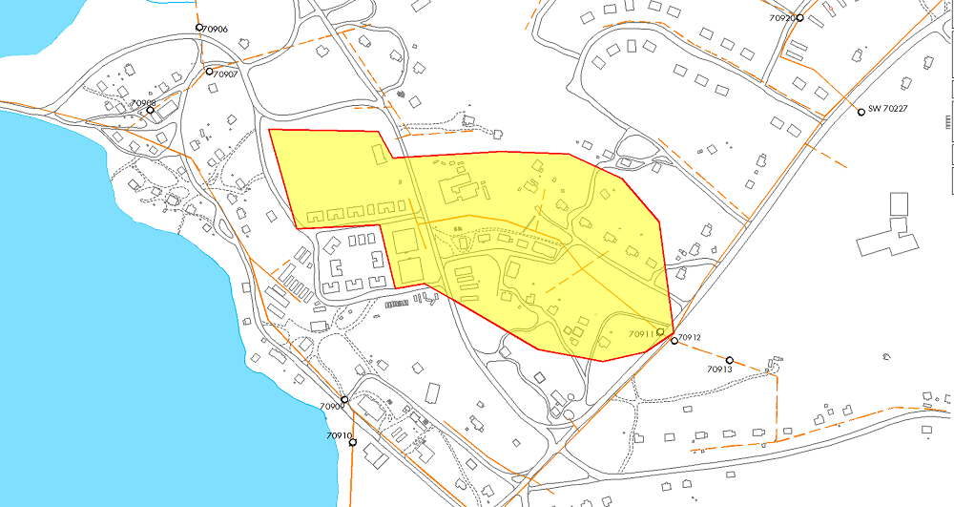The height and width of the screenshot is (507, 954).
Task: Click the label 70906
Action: pos(216,29)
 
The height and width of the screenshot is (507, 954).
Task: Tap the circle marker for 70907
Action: pos(209,71)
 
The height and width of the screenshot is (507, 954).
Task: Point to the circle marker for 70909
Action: pos(344,399)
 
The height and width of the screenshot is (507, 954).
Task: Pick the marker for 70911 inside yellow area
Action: pos(660,331)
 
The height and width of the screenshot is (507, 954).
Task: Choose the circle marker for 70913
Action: pos(730,359)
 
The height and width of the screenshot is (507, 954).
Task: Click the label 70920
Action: pos(780,17)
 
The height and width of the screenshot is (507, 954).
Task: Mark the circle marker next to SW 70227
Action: pos(861,112)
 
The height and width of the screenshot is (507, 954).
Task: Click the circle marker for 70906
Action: pos(199,27)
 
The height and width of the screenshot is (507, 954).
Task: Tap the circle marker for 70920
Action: pos(800,17)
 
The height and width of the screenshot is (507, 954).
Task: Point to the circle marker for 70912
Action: pos(674,340)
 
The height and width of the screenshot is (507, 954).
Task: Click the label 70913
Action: pos(719,370)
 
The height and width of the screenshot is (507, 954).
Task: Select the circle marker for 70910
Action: pos(352,441)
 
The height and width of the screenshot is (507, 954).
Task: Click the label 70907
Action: pos(225,74)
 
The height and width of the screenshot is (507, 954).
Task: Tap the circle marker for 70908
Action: pos(150,110)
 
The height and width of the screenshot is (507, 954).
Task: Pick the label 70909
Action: pos(330,407)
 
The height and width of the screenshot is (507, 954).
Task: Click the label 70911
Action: pos(641,334)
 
